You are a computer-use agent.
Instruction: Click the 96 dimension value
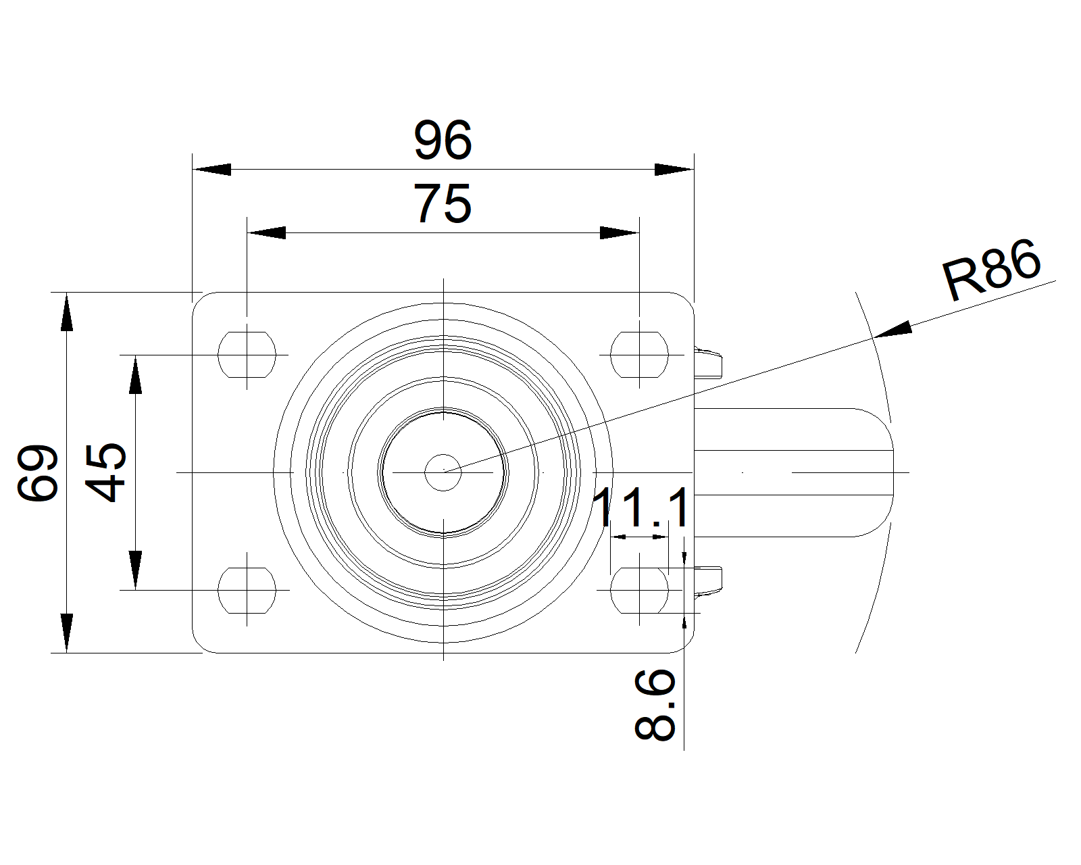click(443, 140)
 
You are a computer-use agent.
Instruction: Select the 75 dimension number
click(443, 203)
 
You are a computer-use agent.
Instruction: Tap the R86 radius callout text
click(992, 270)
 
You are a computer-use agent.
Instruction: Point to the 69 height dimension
click(38, 472)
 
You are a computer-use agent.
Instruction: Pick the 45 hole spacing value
click(105, 472)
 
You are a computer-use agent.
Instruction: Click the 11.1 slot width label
click(641, 508)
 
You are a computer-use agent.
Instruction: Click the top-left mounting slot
click(247, 355)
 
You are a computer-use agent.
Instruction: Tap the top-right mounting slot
click(639, 355)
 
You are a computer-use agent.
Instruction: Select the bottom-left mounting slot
click(247, 591)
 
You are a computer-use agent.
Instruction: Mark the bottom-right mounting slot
click(639, 591)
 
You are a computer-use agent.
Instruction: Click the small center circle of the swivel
click(443, 472)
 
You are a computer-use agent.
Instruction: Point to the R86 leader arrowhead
click(893, 330)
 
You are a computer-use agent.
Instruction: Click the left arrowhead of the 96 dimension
click(211, 170)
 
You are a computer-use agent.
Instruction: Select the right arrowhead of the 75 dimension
click(620, 232)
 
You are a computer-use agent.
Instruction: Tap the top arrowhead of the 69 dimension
click(67, 312)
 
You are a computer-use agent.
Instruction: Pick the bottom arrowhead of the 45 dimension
click(135, 570)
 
